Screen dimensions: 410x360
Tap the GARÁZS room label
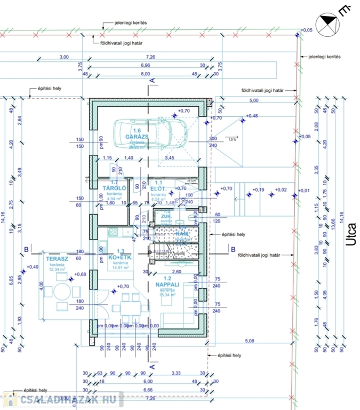[x=136, y=137]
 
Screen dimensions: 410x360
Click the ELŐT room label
[x=156, y=188]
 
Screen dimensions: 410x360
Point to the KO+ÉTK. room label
[x=120, y=257]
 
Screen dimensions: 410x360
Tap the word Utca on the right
[x=350, y=234]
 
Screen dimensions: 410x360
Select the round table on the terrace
[x=60, y=292]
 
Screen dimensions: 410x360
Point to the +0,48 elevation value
[x=251, y=116]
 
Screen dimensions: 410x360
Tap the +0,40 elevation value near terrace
[x=32, y=266]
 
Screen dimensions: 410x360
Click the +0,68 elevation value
[x=80, y=274]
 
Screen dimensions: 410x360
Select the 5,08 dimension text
[x=251, y=340]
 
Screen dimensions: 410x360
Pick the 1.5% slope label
[x=232, y=139]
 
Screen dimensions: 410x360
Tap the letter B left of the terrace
[x=25, y=249]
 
